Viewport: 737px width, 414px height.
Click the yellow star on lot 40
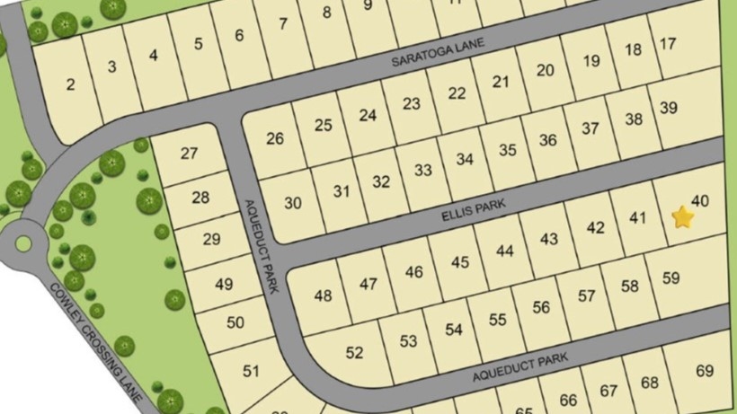coord(683,216)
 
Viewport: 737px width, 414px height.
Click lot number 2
coord(70,85)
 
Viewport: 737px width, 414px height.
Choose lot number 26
coord(274,138)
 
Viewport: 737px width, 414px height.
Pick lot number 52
coord(354,353)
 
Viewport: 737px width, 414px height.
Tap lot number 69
coord(704,370)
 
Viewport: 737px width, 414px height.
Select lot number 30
coord(293,203)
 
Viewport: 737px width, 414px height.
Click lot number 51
coord(251,370)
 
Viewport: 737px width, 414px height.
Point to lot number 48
coord(323,295)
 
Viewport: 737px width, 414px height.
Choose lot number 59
coord(670,278)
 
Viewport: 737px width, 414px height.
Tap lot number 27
coord(189,154)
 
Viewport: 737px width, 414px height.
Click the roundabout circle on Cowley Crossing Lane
coord(22,242)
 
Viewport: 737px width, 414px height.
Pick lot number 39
coord(668,108)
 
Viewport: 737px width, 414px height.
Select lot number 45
coord(461,262)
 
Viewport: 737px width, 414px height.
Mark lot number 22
coord(457,93)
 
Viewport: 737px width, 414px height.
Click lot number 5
coord(198,44)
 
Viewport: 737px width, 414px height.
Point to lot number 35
coord(508,150)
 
